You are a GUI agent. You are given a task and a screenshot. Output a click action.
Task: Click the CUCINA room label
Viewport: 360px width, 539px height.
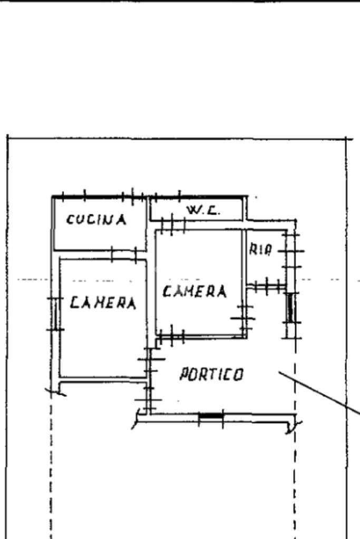96,220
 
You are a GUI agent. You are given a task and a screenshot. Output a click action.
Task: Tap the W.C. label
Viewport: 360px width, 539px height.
203,210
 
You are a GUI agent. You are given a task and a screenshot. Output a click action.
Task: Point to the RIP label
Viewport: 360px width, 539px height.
260,250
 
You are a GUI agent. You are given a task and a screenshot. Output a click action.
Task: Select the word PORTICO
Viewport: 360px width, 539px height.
211,375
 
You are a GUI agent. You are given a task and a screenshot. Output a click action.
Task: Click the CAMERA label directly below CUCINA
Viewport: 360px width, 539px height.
103,302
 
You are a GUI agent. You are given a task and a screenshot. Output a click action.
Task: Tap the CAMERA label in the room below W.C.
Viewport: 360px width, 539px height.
194,291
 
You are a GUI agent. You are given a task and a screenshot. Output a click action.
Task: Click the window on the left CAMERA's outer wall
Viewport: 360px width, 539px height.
55,315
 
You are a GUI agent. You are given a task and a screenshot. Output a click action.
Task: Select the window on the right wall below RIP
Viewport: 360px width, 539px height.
290,308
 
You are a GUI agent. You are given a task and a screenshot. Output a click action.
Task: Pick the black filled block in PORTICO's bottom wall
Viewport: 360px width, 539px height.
211,417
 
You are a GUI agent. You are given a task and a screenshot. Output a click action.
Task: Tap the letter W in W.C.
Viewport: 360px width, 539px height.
192,210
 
